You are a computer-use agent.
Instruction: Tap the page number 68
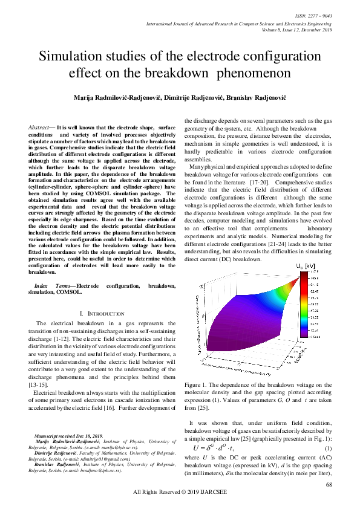[x=329, y=485]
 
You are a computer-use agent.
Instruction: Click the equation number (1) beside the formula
[x=328, y=448]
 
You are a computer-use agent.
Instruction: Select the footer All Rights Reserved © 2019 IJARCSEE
[x=179, y=493]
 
